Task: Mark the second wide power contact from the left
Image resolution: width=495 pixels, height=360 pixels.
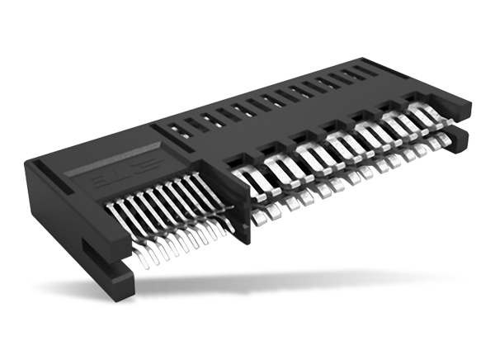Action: (276, 164)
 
